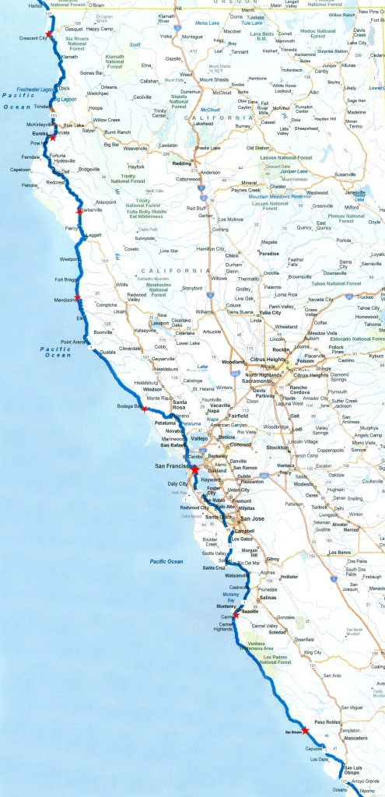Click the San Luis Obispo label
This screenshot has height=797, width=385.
tap(355, 773)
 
